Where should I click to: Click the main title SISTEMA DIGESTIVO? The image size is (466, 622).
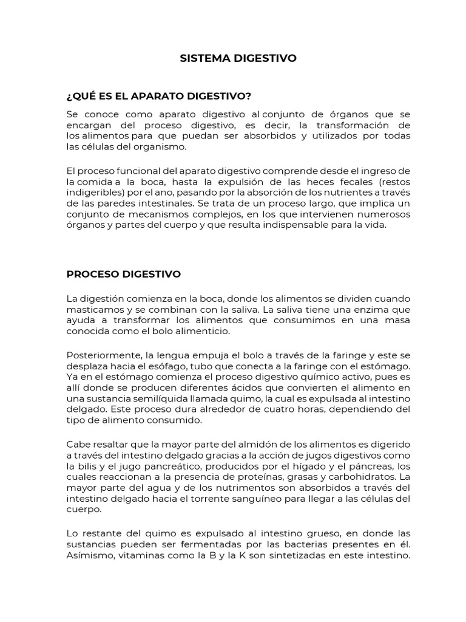pyautogui.click(x=238, y=58)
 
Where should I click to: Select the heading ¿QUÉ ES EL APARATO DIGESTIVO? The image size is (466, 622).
pyautogui.click(x=158, y=96)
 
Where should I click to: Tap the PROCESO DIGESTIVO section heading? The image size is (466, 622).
pyautogui.click(x=123, y=274)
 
